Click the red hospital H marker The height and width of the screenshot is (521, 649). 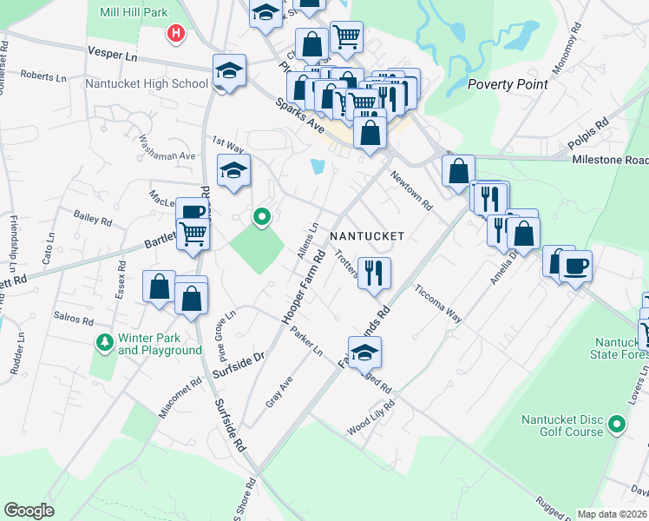tap(176, 34)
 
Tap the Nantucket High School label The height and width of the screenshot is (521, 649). tap(147, 84)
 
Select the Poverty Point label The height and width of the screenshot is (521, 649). tap(508, 84)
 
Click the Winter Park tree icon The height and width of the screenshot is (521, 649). tap(105, 342)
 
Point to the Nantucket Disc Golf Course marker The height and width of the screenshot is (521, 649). tap(616, 425)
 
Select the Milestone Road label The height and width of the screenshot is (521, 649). tap(610, 161)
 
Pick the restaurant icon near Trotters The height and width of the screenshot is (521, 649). tap(375, 273)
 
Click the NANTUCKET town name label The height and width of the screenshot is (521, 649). tap(367, 236)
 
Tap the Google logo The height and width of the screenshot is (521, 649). tap(29, 511)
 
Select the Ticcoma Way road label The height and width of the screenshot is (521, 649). tap(438, 304)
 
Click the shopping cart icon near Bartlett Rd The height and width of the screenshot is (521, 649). tap(193, 234)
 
